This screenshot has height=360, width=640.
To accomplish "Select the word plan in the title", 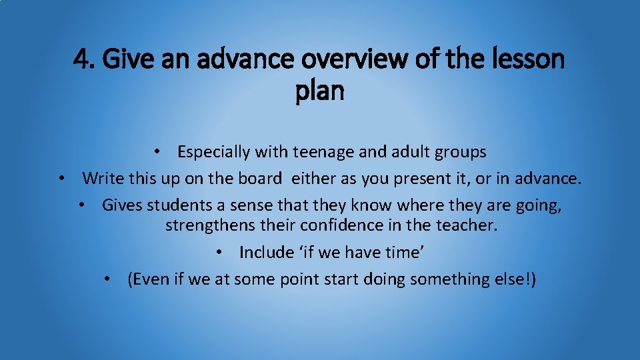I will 319,91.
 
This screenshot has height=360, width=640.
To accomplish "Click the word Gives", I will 121,205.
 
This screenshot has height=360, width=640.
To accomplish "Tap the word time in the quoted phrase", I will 405,252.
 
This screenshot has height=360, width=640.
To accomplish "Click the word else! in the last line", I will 517,279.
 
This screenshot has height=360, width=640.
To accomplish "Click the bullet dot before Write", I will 61,179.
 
